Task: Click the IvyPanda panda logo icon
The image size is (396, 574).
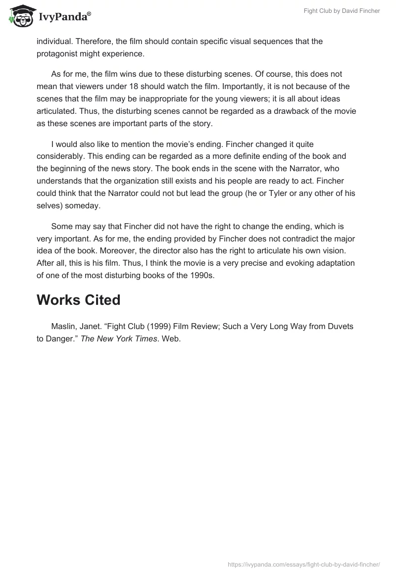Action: point(21,16)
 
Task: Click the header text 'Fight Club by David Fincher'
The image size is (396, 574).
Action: point(342,11)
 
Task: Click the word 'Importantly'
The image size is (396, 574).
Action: point(238,86)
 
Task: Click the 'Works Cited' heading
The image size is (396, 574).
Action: point(78,300)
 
